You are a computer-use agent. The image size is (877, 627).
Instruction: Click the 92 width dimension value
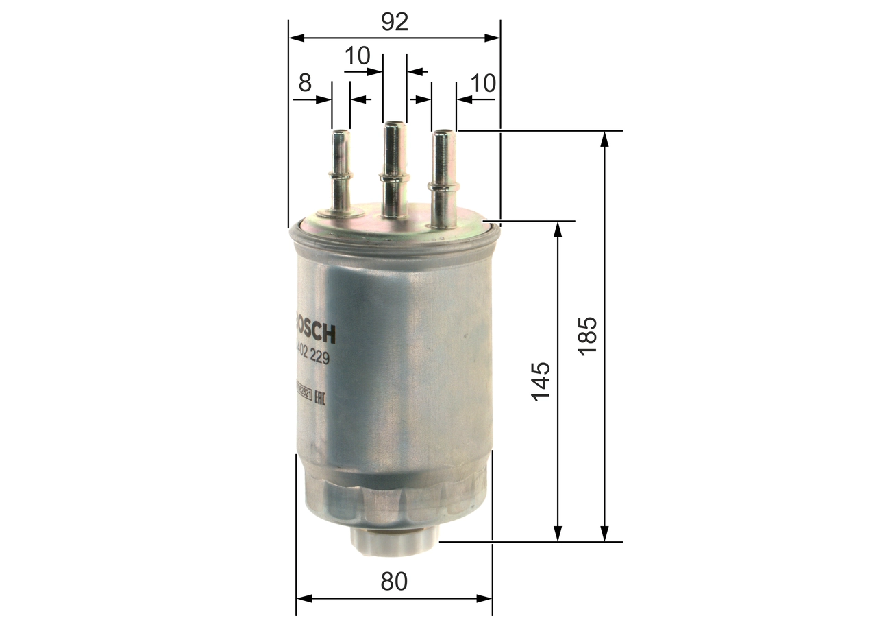point(395,22)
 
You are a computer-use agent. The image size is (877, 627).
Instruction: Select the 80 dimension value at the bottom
point(394,582)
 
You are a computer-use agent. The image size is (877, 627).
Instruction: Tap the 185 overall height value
point(589,335)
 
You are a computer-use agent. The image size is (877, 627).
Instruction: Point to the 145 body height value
point(541,381)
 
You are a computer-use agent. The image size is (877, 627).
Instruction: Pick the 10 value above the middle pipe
point(357,56)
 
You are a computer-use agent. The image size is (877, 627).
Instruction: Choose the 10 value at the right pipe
point(483,83)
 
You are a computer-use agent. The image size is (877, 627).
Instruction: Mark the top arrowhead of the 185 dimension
point(604,138)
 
